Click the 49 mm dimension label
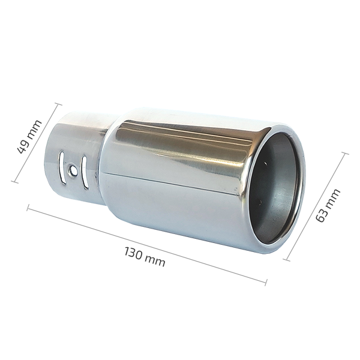(x=29, y=136)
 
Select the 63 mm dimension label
(x=328, y=205)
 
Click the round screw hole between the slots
(x=73, y=170)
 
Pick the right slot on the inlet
(x=85, y=173)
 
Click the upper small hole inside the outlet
(x=266, y=163)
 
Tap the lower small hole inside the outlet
(x=260, y=202)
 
